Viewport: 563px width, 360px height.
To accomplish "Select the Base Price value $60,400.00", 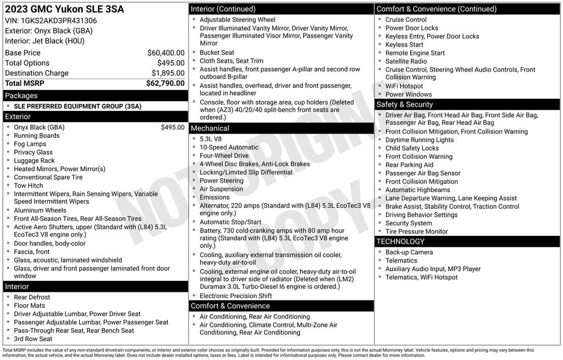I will [x=165, y=53].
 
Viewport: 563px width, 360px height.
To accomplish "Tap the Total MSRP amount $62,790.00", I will [x=165, y=83].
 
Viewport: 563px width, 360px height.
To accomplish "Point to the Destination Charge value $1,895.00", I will [x=168, y=73].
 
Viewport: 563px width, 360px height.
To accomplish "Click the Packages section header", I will [x=21, y=96].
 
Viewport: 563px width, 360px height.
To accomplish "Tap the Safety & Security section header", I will [x=404, y=104].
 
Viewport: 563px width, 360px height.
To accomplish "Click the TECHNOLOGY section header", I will [x=400, y=241].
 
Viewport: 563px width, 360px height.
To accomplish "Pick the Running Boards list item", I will [x=36, y=136].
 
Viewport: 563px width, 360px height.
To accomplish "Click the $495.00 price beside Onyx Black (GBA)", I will [x=173, y=128].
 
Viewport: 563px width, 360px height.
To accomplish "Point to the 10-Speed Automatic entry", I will [x=229, y=147].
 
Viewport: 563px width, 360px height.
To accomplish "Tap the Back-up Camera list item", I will [x=409, y=252].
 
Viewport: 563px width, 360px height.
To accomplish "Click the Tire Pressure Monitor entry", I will [x=416, y=231].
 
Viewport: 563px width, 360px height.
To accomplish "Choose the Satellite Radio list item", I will [x=406, y=61].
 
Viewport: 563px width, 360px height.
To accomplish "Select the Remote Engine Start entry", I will [x=415, y=53].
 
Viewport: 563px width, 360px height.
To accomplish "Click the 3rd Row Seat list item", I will [x=33, y=339].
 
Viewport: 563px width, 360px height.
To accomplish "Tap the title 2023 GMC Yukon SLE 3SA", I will [x=64, y=9].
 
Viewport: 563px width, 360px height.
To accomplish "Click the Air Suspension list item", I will [x=221, y=189].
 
